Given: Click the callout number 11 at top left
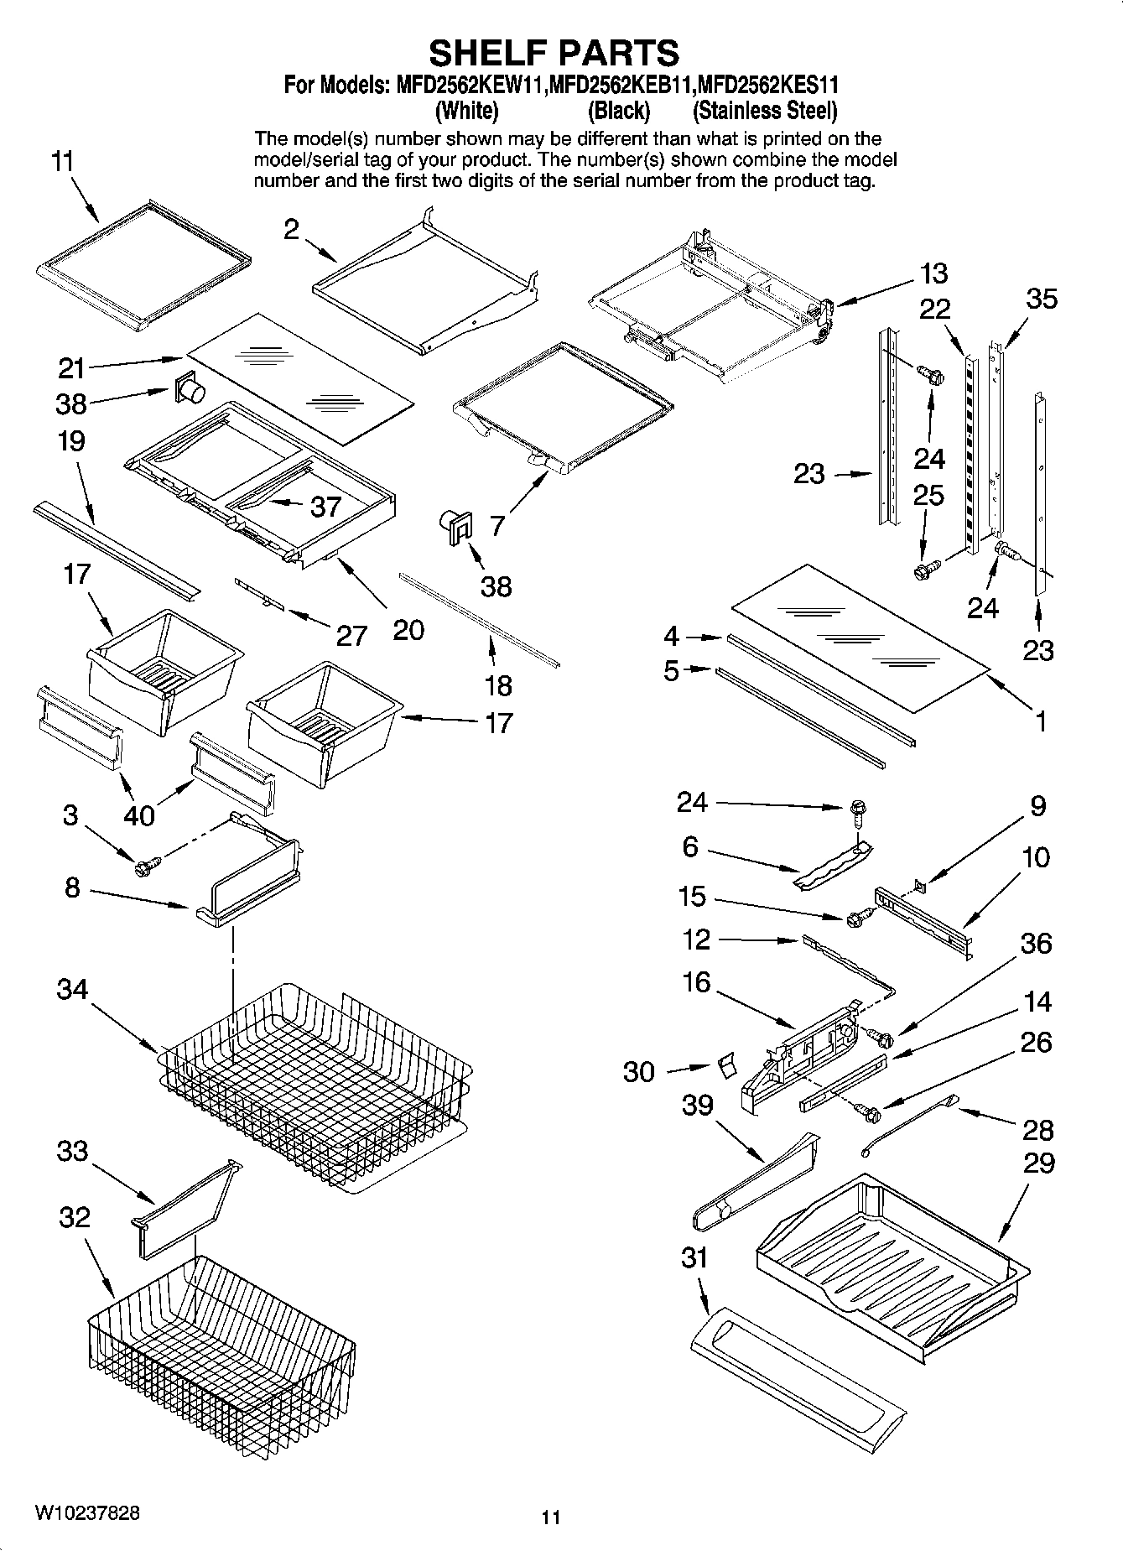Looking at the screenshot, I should point(63,161).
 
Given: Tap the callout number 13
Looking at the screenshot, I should point(933,273).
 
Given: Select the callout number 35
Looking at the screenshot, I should point(1042,299).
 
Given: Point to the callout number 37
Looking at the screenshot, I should point(325,506).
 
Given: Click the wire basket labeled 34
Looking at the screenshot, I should point(310,1082).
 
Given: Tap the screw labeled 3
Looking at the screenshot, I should point(143,868).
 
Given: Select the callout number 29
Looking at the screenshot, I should point(1038,1163).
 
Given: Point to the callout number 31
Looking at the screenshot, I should point(694,1257).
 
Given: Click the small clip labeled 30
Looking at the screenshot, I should point(725,1065).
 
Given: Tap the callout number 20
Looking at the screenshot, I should point(408,629).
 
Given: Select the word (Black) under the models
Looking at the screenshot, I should point(619,111).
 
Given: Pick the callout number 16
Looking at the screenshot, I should point(696,981).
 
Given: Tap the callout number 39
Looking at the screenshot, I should point(697,1105).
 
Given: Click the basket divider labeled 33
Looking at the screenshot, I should point(180,1208).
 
